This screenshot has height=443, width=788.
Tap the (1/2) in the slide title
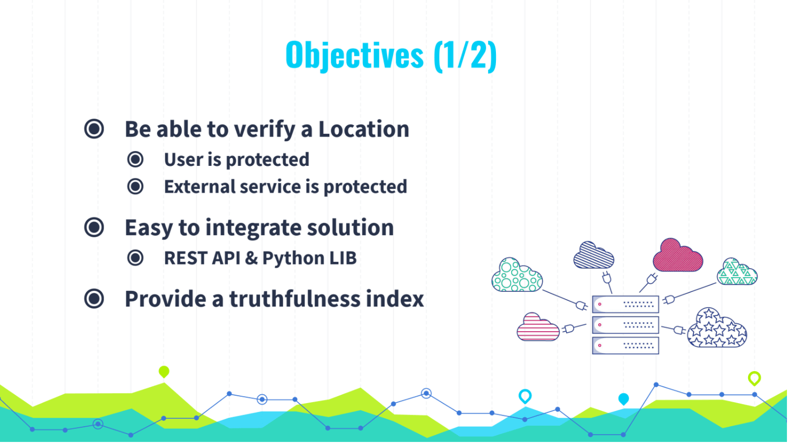point(465,56)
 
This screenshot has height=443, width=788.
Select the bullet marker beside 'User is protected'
point(136,159)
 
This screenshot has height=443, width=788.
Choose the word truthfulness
point(295,299)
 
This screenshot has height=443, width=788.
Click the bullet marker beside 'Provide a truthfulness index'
point(94,299)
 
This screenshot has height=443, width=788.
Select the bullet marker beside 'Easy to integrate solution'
point(94,227)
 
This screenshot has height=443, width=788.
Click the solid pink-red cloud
point(678,256)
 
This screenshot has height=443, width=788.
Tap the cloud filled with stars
point(717,328)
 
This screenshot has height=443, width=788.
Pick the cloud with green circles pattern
point(517,275)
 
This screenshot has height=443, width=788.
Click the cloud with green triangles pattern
point(737,271)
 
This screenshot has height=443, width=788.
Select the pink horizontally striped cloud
point(538,328)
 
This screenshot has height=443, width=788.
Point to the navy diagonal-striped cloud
point(594,255)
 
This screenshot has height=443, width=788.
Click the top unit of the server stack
point(626,304)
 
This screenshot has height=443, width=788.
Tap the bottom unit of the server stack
point(626,345)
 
